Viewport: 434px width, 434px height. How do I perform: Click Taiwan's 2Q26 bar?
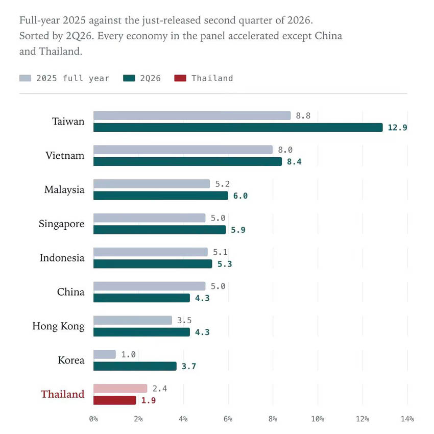tap(238, 127)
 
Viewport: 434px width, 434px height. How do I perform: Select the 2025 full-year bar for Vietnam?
tap(183, 150)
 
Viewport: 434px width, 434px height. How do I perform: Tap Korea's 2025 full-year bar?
tap(105, 354)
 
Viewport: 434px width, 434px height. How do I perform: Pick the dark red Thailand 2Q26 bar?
tap(114, 400)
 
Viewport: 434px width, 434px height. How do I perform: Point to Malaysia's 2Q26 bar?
tap(161, 196)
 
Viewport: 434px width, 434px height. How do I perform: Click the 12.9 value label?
tap(397, 128)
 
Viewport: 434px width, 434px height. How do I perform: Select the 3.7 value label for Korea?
tap(188, 366)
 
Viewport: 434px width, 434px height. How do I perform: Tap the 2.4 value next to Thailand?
tap(160, 389)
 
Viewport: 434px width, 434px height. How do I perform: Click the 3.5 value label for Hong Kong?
tap(184, 320)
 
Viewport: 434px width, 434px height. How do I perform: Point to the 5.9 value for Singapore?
tap(238, 230)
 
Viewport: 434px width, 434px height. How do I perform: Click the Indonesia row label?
tap(62, 258)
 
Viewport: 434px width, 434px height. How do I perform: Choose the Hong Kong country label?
tap(58, 326)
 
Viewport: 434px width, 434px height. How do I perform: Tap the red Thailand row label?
tap(63, 394)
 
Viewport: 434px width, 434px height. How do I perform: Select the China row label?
tap(70, 292)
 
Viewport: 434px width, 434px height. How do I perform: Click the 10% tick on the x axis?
tap(318, 419)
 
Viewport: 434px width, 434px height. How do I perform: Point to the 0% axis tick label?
tap(93, 419)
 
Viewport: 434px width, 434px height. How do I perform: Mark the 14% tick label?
tap(407, 419)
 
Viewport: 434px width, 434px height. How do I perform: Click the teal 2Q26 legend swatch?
tap(129, 78)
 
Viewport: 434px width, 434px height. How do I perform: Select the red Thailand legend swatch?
tap(180, 78)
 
